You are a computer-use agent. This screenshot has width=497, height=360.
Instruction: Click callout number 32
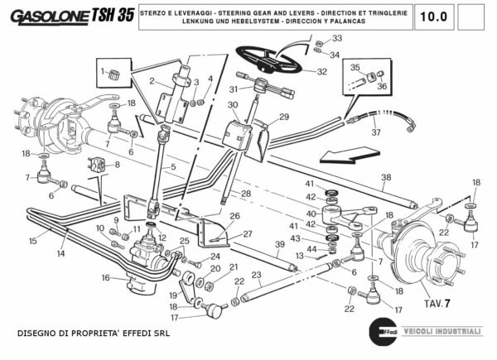coord(321,72)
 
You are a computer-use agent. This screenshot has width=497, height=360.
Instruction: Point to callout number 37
coord(375,132)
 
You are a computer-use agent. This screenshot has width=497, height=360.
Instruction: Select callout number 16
coord(105,278)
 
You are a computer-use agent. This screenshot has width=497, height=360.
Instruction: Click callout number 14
coord(60,254)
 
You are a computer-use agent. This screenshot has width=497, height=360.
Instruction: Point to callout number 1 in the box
coord(104,72)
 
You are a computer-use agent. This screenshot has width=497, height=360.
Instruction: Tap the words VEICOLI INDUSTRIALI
coord(446,331)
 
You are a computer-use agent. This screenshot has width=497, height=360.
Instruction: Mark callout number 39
coord(278,245)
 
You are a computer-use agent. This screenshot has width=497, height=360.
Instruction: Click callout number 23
coord(257,275)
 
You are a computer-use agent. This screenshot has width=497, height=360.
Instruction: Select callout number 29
coord(283,117)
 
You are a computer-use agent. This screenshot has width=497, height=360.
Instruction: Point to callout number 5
coord(173,168)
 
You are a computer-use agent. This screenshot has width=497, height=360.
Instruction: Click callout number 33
coord(336,39)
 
